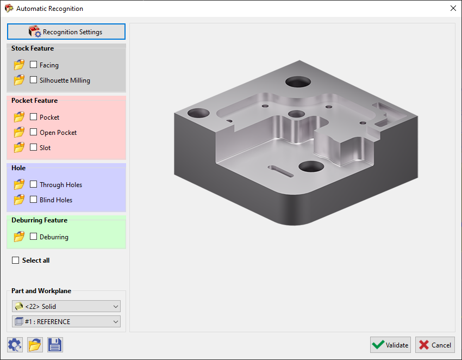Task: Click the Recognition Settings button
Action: click(66, 32)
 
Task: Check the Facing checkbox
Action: click(34, 65)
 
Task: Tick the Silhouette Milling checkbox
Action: click(34, 80)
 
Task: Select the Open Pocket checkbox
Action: click(34, 132)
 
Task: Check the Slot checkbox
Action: click(34, 147)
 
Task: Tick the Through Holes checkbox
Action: click(34, 184)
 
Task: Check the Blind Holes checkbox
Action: click(34, 200)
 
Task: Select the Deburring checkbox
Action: click(34, 237)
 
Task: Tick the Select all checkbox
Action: click(16, 260)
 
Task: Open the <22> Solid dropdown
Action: click(66, 307)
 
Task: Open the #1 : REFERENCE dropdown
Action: click(66, 322)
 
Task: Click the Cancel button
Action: click(435, 345)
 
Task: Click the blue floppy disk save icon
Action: click(55, 345)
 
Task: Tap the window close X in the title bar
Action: click(453, 8)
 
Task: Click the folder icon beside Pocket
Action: click(20, 117)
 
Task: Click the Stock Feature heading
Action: click(33, 48)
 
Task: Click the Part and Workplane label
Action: click(41, 291)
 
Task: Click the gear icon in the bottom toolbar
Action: click(15, 345)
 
